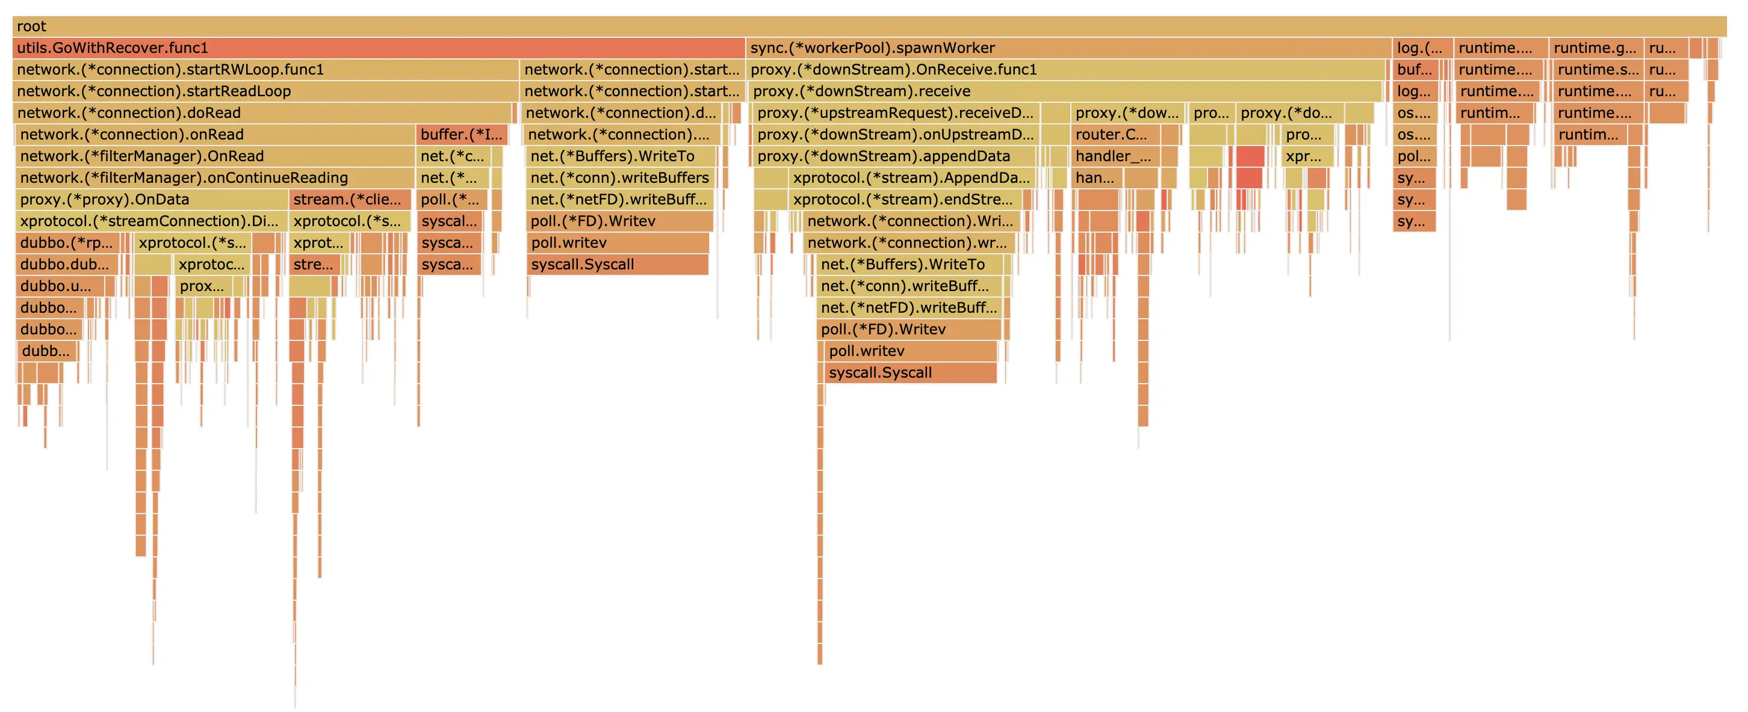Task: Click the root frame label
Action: pyautogui.click(x=31, y=26)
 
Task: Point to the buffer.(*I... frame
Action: pyautogui.click(x=462, y=135)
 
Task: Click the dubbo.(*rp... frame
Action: pyautogui.click(x=66, y=244)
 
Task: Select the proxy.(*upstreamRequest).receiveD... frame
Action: pyautogui.click(x=894, y=113)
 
